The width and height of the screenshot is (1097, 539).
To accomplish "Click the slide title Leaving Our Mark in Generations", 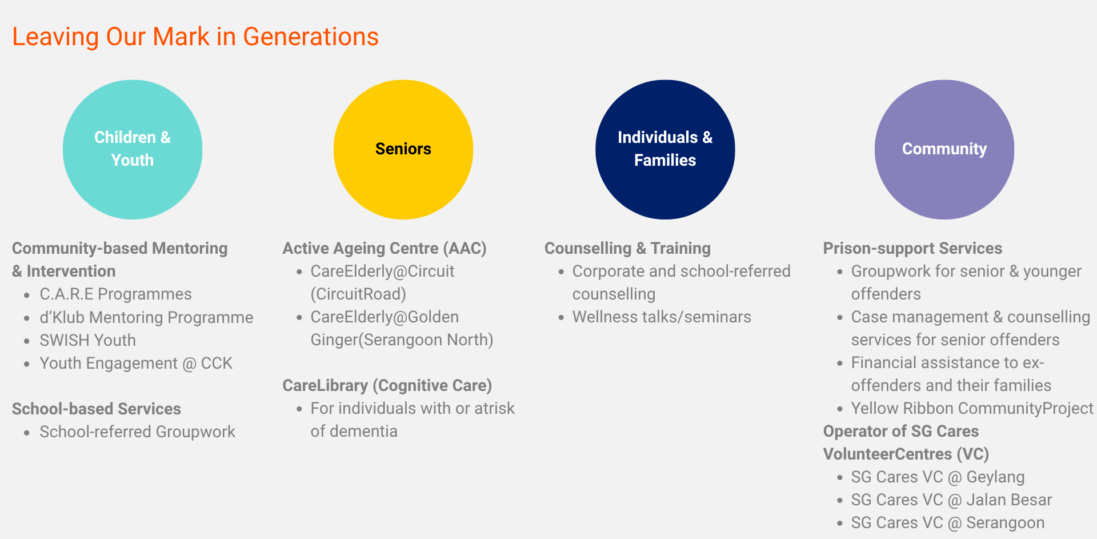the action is tap(195, 37).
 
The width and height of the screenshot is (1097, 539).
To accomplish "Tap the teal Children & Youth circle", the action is tap(133, 149).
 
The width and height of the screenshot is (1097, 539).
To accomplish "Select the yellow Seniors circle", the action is tap(403, 149).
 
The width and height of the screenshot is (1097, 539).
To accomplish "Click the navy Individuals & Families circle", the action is tap(665, 149).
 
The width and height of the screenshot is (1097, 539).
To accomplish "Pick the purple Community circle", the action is tap(944, 149).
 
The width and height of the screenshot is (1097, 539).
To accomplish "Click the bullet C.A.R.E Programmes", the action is tap(115, 294).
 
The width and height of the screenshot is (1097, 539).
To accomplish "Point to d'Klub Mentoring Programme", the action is tap(146, 317).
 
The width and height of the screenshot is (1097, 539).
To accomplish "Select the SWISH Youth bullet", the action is tap(87, 340).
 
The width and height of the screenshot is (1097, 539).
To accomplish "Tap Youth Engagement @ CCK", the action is tap(136, 363).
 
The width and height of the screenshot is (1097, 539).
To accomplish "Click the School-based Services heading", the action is tap(97, 409).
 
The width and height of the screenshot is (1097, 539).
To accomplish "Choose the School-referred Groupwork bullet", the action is tap(137, 432).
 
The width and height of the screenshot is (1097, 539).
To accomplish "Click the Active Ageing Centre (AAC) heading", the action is tap(385, 248).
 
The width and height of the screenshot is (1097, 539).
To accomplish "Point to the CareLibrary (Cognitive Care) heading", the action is tap(387, 385).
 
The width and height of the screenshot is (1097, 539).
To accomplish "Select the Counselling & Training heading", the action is tap(627, 248).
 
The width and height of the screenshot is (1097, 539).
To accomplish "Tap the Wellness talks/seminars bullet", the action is tap(662, 317).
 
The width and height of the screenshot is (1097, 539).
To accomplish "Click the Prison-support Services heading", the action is tap(912, 248).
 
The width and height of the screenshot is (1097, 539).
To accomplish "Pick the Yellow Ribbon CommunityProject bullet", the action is tap(972, 408).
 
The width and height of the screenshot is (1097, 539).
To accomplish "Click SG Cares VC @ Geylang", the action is tap(938, 477).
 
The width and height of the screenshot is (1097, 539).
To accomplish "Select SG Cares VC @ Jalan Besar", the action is tap(951, 500).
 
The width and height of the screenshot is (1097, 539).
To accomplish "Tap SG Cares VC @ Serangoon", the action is tap(948, 522).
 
